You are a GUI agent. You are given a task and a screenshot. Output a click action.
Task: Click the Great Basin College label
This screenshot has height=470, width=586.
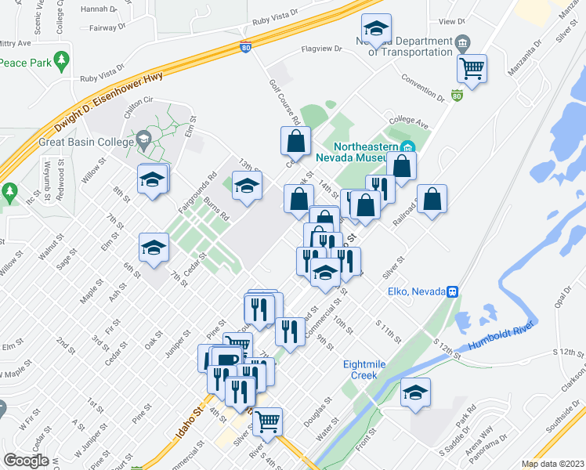[x=83, y=143]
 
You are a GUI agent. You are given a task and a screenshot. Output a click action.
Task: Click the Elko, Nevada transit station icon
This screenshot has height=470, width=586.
[x=452, y=291]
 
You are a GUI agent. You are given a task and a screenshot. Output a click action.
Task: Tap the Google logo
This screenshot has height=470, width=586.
[x=26, y=461]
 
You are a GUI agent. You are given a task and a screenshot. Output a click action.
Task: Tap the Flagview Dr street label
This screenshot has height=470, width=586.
[x=322, y=49]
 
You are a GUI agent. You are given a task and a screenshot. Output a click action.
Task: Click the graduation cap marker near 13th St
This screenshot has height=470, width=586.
[x=248, y=187]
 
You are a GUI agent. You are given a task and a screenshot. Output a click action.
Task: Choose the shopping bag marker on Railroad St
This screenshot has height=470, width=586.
[x=432, y=199]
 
